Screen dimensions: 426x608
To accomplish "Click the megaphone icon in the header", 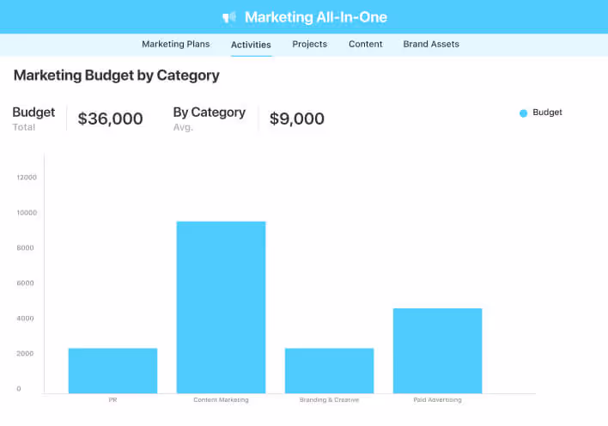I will click(229, 17).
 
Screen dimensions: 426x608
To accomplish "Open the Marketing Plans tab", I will click(175, 44).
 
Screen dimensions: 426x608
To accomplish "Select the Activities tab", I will click(251, 45).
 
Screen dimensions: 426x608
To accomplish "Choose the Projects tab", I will click(309, 44).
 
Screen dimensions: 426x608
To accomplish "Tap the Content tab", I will click(366, 44).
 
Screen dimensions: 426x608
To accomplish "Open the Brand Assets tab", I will click(431, 44).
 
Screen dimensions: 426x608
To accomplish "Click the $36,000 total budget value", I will click(110, 119).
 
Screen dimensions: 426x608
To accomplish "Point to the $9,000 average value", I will click(297, 119).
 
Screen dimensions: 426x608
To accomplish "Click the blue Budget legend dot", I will click(523, 113).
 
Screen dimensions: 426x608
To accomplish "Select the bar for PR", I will click(112, 370).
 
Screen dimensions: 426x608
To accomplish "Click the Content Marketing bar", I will click(221, 307).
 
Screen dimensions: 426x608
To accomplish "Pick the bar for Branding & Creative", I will click(329, 370).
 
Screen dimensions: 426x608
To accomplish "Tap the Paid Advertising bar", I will click(437, 350).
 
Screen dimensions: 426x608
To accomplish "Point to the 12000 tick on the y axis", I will click(27, 178).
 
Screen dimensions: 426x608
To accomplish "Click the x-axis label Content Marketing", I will click(221, 400).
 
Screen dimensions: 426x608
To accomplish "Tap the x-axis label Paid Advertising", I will click(437, 400).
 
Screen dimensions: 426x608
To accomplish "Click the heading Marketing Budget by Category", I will click(116, 76).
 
